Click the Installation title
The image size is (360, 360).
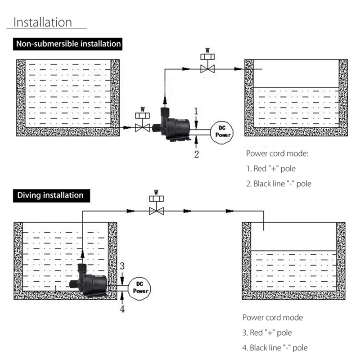[x=43, y=22]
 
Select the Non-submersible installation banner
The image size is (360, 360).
[x=68, y=44]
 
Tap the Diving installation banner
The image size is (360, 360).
[x=51, y=196]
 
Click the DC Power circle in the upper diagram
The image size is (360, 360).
[x=222, y=133]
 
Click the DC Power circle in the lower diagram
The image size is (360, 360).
[x=139, y=288]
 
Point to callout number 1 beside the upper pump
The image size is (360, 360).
[x=196, y=111]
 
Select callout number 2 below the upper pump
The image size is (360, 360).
[x=197, y=154]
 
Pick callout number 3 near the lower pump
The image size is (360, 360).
[x=122, y=266]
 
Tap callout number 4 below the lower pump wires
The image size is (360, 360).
[x=122, y=309]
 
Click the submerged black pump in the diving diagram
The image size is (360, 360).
[x=89, y=280]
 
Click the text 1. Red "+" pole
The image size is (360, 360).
[x=271, y=169]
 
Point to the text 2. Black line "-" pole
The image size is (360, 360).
[x=279, y=184]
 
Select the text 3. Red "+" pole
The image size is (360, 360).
[x=267, y=333]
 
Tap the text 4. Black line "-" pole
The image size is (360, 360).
[x=275, y=348]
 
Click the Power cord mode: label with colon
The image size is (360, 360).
[x=277, y=153]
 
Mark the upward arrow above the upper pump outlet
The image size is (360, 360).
[x=165, y=100]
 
